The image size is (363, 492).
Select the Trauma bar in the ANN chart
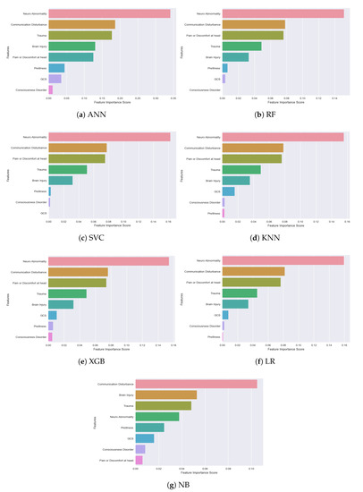[x=80, y=36]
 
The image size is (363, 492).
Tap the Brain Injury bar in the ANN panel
[x=72, y=47]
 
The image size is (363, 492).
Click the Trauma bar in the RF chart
[x=241, y=47]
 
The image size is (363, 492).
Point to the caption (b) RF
[x=268, y=112]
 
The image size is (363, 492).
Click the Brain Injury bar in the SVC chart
[x=61, y=180]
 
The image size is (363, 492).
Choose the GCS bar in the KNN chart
[x=229, y=191]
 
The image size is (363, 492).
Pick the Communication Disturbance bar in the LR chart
[x=253, y=271]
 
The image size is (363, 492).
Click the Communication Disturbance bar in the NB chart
[x=196, y=384]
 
